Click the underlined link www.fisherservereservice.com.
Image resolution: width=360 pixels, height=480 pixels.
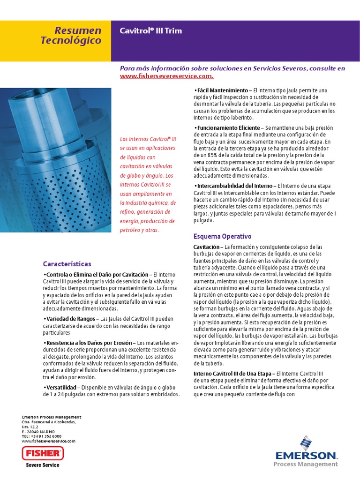click(x=167, y=76)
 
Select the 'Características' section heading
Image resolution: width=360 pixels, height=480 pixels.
click(x=67, y=264)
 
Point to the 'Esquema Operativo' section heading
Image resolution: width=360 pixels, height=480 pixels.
click(x=222, y=236)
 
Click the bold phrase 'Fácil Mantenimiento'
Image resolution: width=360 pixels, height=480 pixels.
click(x=221, y=90)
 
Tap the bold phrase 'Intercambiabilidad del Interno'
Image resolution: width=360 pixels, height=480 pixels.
click(x=232, y=186)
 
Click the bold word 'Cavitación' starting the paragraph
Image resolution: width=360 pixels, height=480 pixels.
click(x=206, y=247)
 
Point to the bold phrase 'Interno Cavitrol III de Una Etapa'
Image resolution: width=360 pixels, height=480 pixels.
click(x=232, y=373)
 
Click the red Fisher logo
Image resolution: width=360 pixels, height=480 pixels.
click(x=42, y=453)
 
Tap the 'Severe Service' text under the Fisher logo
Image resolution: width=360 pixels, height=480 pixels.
click(x=42, y=465)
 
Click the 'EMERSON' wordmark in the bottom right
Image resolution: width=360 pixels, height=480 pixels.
click(x=306, y=455)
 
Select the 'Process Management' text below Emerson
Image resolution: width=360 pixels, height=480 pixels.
click(x=305, y=464)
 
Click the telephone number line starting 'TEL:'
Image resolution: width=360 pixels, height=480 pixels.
click(x=42, y=436)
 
